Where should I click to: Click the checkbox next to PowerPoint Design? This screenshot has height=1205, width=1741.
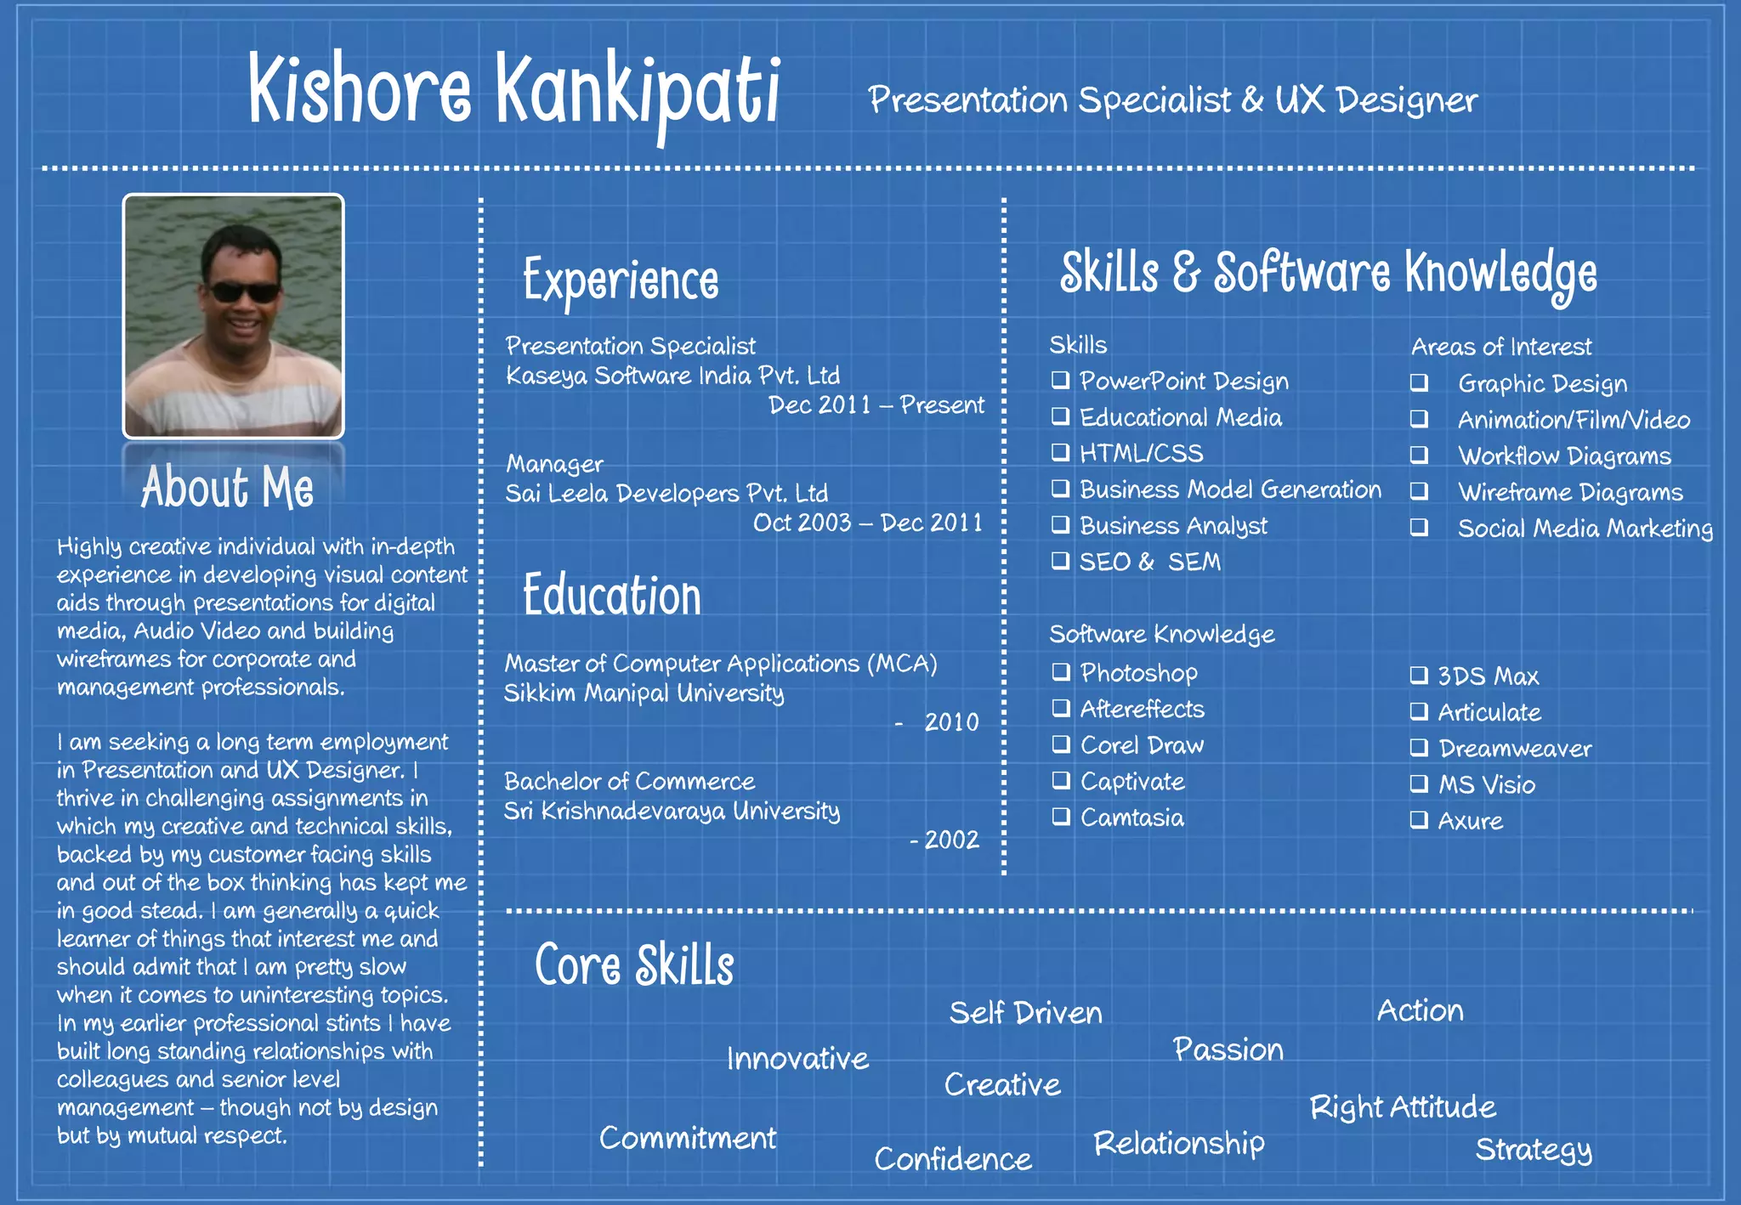point(1060,380)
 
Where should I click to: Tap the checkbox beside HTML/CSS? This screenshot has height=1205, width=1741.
point(1060,452)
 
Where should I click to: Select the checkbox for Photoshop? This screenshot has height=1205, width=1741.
point(1061,672)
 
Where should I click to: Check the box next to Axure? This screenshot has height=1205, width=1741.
point(1419,820)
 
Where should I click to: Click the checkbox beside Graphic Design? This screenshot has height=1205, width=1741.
point(1419,382)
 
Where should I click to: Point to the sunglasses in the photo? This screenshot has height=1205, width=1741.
point(243,292)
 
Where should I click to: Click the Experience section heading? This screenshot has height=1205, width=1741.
point(621,281)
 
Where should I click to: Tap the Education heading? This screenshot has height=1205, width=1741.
point(612,595)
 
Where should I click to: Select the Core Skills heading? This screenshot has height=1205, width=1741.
point(634,966)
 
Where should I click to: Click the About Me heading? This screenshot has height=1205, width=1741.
point(228,488)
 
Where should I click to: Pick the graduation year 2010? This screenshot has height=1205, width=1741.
point(951,722)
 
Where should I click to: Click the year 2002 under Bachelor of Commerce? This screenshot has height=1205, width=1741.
point(951,840)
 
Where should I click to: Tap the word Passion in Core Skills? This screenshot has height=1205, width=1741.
point(1228,1049)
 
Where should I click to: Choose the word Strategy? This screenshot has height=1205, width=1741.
point(1533,1150)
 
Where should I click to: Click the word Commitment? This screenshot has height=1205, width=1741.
point(688,1138)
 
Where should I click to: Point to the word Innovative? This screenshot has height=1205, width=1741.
point(797,1059)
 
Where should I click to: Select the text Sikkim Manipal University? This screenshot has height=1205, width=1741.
point(644,693)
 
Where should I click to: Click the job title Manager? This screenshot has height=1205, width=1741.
point(554,464)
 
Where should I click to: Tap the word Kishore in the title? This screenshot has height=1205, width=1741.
point(360,89)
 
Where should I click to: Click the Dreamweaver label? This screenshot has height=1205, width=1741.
point(1514,749)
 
